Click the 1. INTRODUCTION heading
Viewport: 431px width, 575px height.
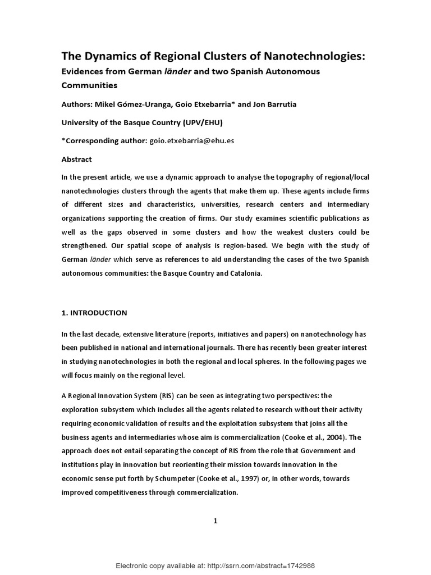(94, 312)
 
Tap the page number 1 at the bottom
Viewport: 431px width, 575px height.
(215, 521)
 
